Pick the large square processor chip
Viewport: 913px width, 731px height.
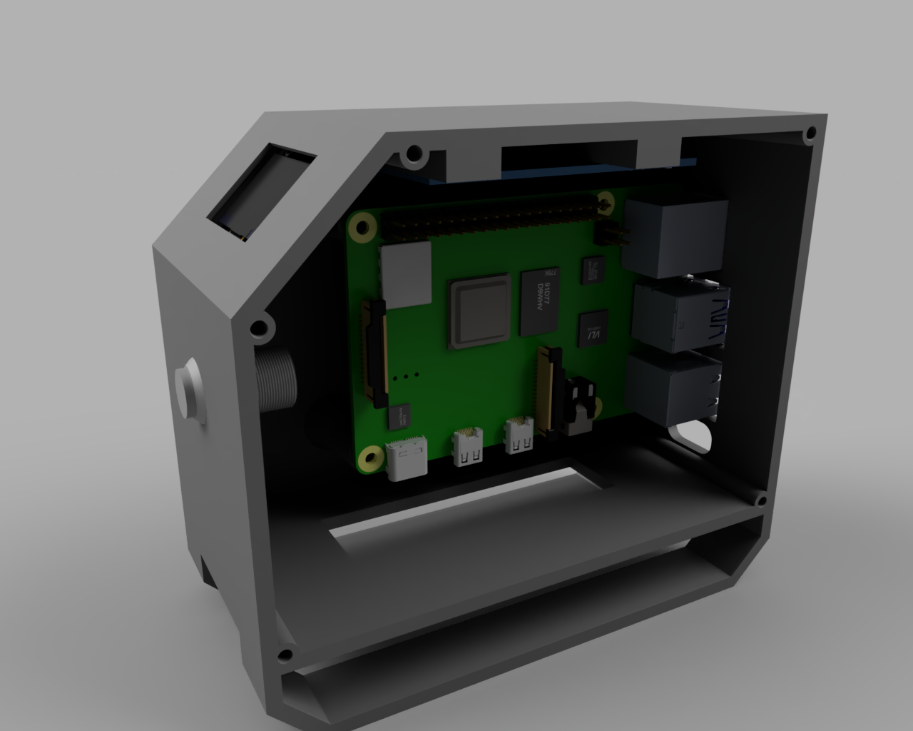click(x=479, y=312)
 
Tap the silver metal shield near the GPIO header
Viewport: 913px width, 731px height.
click(x=407, y=272)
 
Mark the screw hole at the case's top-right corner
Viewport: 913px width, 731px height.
click(x=810, y=133)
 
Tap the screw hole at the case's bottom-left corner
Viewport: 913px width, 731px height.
click(x=285, y=655)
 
